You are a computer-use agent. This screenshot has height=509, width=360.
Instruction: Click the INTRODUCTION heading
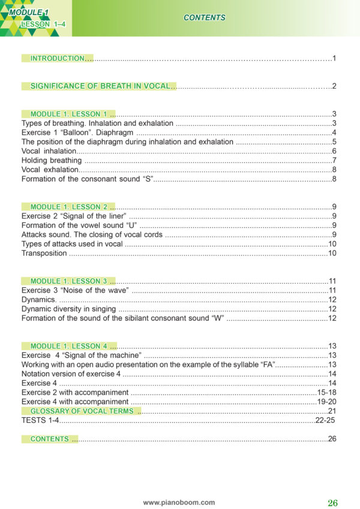58,58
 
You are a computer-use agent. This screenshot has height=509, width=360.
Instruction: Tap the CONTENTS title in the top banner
204,17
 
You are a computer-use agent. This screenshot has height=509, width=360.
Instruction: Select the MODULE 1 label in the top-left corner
33,12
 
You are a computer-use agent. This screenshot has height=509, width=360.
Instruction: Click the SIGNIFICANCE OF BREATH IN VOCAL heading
103,86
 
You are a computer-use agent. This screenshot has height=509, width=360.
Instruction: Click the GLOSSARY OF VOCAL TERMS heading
82,411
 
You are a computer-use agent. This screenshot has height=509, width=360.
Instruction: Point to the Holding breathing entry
51,160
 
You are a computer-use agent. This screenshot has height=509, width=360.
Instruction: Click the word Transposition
44,253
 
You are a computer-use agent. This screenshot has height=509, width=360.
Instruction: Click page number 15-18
326,392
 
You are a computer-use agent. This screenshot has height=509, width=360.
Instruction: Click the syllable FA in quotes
264,365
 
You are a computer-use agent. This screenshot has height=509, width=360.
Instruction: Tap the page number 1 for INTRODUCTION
334,58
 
